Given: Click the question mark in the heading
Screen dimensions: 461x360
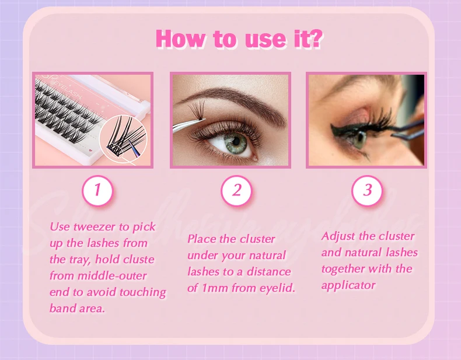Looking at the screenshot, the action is point(315,39).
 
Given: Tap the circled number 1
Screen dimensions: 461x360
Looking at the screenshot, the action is point(97,190).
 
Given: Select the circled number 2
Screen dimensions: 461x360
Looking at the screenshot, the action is point(237,190).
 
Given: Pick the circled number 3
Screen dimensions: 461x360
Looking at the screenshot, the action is point(367,190).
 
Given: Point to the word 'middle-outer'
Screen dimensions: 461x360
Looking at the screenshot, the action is point(112,276).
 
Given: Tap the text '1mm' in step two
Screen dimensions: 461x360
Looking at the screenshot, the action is point(215,288).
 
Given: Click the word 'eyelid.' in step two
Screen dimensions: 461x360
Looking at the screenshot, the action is point(277,288).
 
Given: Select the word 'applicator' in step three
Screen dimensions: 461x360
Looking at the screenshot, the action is point(348,285).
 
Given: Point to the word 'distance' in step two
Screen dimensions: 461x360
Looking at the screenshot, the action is point(268,272).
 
